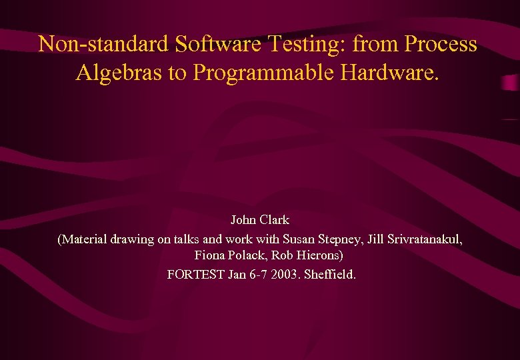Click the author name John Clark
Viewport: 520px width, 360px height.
pos(260,220)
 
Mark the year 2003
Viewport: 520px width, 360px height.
pos(285,274)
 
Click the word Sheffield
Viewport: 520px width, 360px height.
pos(330,274)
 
